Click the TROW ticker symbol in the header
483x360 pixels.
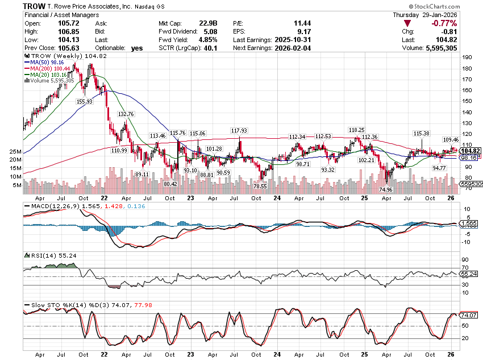35,6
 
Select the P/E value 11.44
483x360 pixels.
299,23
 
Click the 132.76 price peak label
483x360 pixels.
126,114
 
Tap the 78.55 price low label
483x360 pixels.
261,186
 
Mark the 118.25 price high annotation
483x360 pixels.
357,130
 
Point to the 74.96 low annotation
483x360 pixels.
386,190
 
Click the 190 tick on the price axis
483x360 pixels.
467,57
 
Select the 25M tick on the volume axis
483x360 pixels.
15,152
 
